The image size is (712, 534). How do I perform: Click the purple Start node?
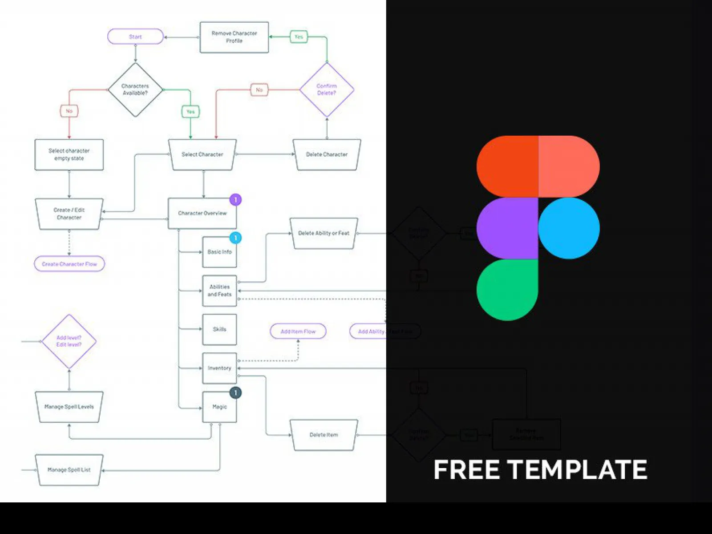135,37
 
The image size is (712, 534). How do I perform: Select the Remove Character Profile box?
234,37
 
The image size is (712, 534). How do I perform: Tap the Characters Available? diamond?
135,89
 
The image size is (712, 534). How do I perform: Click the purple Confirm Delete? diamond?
327,89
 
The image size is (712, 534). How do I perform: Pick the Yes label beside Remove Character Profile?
299,37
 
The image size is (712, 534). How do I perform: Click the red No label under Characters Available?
69,111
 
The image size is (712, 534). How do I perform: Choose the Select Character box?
202,154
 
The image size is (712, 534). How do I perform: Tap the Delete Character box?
327,154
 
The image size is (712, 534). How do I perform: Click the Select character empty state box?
69,154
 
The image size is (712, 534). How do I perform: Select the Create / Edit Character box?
69,214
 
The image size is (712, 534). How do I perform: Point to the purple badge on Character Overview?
235,200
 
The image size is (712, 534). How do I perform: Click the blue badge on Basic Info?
235,238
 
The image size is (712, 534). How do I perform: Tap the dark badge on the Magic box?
235,392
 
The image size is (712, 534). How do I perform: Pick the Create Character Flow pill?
69,264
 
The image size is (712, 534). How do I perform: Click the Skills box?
219,329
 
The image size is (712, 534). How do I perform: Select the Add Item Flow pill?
298,332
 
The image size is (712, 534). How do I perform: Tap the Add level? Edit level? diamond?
69,341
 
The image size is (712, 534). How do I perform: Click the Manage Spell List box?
69,469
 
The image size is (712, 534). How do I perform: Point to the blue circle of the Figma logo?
569,228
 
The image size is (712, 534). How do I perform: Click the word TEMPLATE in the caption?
577,470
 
